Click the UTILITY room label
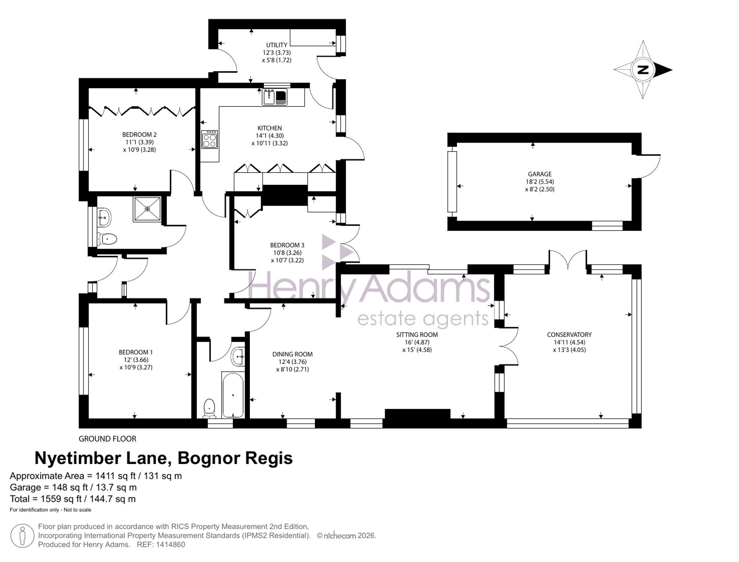277,45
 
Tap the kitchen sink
275,97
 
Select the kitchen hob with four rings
210,139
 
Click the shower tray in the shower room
147,209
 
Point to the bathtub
233,395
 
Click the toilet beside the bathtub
210,408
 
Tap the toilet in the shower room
108,239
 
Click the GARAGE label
540,174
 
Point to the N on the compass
643,70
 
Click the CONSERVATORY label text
569,335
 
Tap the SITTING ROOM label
417,335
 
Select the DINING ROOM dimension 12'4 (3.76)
293,362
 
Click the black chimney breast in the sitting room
418,414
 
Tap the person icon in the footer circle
22,536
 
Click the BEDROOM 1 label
136,352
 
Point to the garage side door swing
650,166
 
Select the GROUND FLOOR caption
108,439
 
